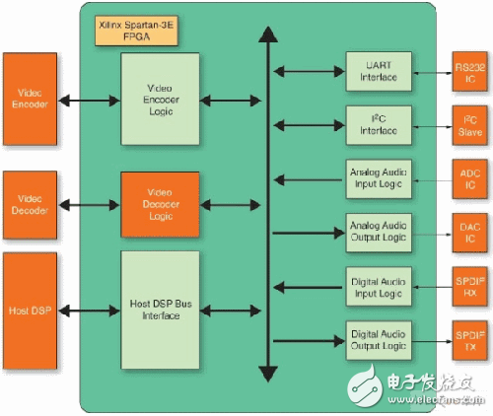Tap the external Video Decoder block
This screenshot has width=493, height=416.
click(x=31, y=204)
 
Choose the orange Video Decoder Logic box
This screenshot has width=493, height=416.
click(x=159, y=204)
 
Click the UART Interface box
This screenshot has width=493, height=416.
click(x=378, y=70)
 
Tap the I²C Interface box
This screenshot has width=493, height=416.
click(x=378, y=123)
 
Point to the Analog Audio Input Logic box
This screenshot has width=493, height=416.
click(x=378, y=177)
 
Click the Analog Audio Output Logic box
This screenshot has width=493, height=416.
click(x=378, y=232)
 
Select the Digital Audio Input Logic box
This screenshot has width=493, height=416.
click(x=378, y=286)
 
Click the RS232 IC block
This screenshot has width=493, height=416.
click(x=469, y=70)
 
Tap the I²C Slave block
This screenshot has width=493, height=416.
click(x=469, y=123)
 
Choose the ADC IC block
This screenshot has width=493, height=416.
click(x=469, y=177)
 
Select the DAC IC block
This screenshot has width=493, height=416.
click(x=469, y=232)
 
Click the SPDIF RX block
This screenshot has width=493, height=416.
click(x=469, y=286)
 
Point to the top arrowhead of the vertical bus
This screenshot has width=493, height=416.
click(x=263, y=35)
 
